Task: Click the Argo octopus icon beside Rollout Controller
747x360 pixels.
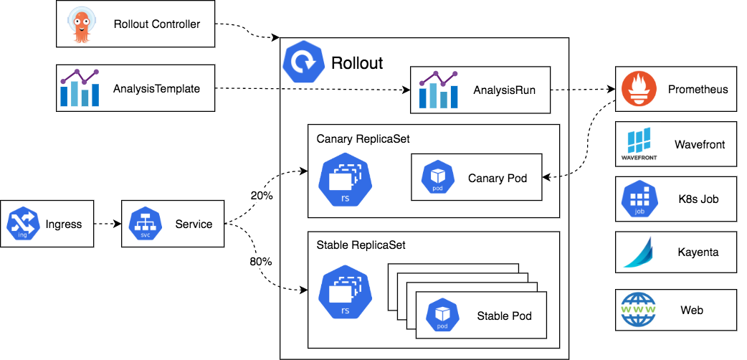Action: click(80, 24)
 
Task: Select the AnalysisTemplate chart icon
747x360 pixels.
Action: click(80, 89)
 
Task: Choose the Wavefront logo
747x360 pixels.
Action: click(638, 144)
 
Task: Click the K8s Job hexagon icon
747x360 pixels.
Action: click(638, 199)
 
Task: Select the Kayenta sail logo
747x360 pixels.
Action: click(638, 252)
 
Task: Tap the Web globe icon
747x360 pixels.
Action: click(638, 310)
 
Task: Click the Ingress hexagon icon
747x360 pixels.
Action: click(24, 224)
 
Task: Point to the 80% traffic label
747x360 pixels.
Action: click(261, 262)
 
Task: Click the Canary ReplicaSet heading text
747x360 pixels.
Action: click(363, 138)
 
